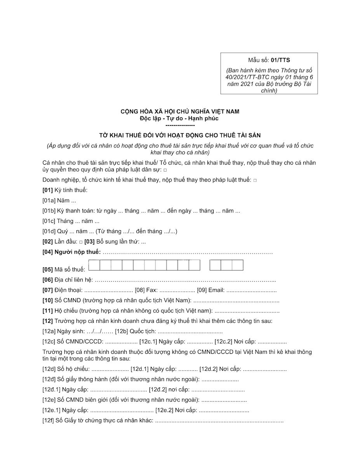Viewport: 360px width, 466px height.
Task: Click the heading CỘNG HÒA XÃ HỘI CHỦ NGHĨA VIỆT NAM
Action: point(180,111)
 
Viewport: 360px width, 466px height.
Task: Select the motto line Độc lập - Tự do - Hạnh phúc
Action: point(180,118)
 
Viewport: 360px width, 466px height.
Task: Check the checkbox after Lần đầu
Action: point(80,242)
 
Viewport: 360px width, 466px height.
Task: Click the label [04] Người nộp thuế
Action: point(71,252)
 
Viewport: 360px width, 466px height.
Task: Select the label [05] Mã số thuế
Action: point(63,269)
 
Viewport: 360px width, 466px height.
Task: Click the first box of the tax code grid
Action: point(94,265)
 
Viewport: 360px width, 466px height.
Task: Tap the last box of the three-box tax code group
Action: point(237,265)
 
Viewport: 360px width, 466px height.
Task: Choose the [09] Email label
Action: point(210,290)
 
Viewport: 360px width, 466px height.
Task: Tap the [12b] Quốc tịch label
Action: point(136,331)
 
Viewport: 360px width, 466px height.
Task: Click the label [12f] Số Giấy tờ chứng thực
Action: point(97,421)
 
